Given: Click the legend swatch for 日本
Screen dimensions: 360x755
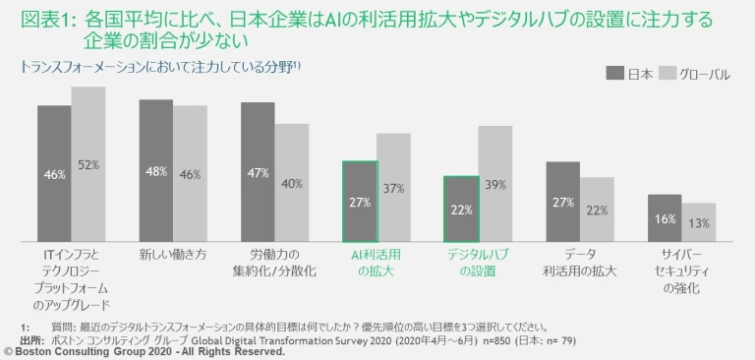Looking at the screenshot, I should pos(614,73).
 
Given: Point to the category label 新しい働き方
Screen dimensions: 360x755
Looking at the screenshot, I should pos(172,254).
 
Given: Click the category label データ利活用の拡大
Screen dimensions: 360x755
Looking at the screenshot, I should pos(580,262).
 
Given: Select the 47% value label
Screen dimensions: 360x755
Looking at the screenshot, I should pos(258,174).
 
